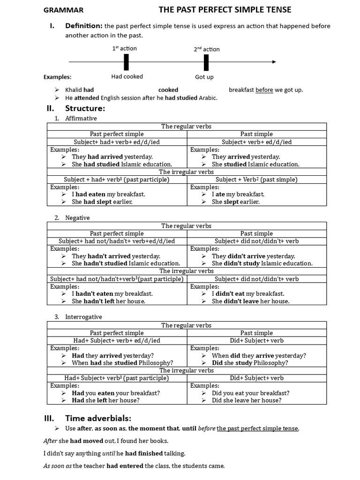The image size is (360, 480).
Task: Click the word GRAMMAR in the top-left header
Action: click(63, 10)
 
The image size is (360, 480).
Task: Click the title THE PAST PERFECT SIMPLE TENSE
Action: click(225, 9)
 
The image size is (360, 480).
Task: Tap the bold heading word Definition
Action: click(83, 26)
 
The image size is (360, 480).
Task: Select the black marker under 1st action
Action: click(126, 62)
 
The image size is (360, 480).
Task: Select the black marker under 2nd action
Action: click(206, 62)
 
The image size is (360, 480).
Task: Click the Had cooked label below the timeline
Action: click(127, 76)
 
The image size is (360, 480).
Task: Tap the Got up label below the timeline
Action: click(204, 77)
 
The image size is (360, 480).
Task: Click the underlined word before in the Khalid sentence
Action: click(264, 90)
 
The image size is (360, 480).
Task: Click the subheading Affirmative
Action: click(81, 118)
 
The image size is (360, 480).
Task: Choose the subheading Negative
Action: click(77, 217)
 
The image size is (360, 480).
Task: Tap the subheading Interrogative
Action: click(83, 317)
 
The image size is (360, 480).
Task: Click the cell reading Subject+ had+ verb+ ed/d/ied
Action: click(117, 142)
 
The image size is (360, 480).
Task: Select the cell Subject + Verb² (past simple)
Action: click(256, 180)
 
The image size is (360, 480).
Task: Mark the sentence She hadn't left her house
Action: click(108, 301)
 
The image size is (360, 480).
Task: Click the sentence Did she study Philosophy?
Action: click(250, 363)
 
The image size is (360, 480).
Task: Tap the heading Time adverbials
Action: click(98, 418)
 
